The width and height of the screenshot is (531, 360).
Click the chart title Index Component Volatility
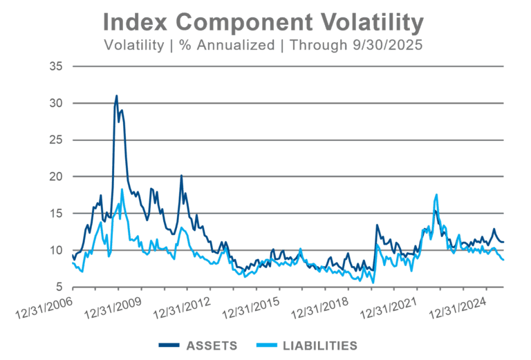click(x=263, y=23)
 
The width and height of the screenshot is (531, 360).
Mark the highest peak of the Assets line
click(x=117, y=95)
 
